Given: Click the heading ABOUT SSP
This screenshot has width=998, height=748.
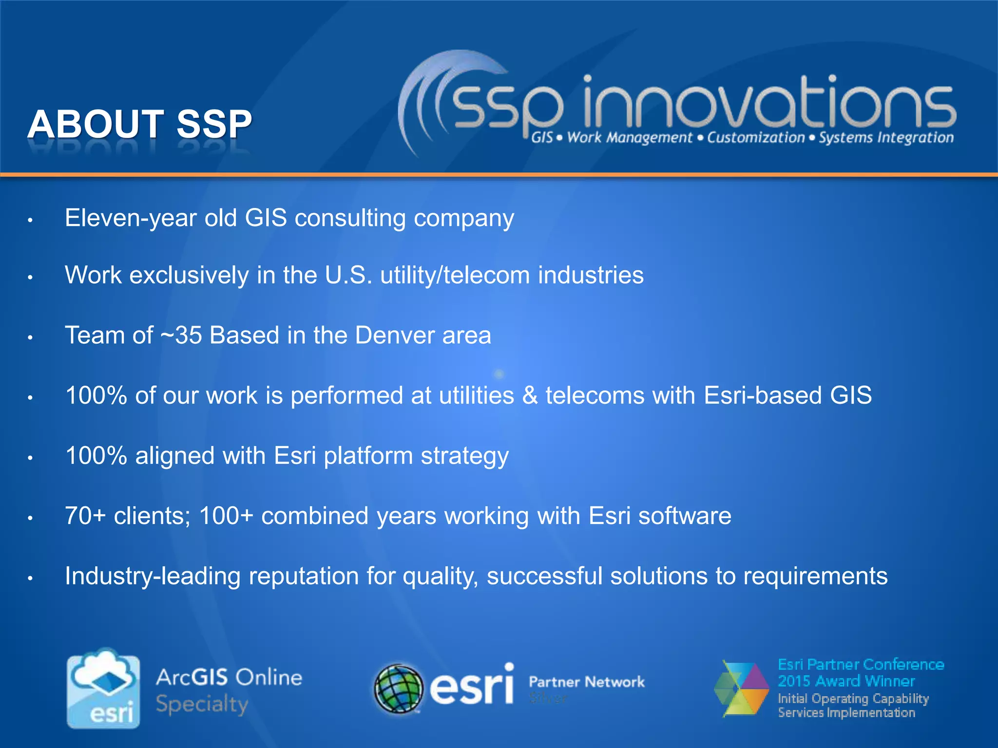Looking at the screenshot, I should (140, 124).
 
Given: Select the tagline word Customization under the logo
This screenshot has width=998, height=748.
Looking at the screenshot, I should (756, 138).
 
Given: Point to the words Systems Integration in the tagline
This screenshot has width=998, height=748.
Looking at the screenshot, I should (886, 138).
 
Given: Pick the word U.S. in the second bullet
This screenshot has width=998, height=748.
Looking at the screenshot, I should (348, 275).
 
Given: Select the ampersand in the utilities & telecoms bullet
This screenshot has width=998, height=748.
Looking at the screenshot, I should (530, 395).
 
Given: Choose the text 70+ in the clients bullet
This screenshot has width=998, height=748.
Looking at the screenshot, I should (85, 516).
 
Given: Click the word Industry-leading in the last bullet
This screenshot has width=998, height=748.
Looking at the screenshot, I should (153, 576).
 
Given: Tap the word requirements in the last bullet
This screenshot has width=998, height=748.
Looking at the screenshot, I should (815, 577).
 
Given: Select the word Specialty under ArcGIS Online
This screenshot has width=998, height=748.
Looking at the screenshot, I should (202, 705).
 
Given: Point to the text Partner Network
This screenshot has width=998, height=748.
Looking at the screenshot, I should (587, 682).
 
